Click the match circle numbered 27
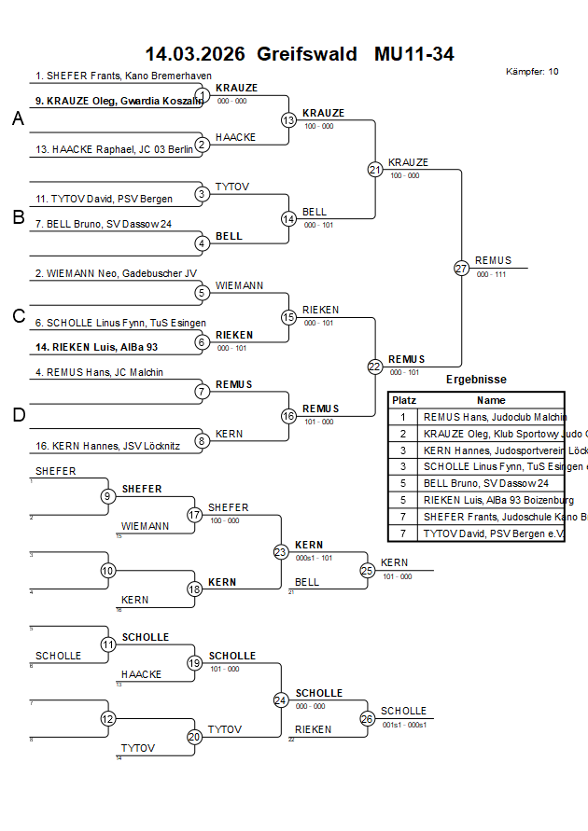click(461, 268)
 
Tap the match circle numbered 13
click(288, 120)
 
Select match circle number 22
click(374, 367)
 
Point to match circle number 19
click(194, 663)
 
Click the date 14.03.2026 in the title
click(195, 54)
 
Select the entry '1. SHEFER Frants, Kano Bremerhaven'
click(123, 76)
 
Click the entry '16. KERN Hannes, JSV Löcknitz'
click(107, 446)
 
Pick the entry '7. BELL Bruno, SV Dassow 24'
click(104, 224)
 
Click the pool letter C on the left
click(19, 316)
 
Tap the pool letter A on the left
click(18, 118)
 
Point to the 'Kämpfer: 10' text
click(532, 72)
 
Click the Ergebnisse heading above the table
click(476, 380)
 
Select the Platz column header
click(403, 399)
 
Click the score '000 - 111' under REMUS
click(491, 274)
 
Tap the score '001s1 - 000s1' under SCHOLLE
click(404, 725)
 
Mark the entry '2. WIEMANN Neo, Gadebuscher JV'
click(116, 273)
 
